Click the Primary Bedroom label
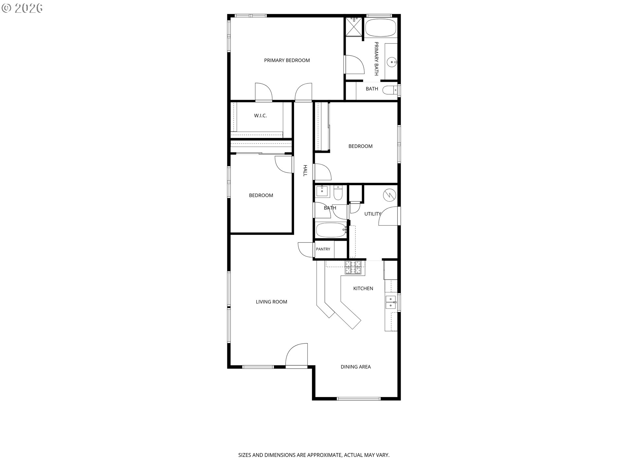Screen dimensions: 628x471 click(x=287, y=60)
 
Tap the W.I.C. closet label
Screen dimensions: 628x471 click(x=260, y=116)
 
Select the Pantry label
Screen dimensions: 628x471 click(x=323, y=249)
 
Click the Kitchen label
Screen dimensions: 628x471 click(x=363, y=288)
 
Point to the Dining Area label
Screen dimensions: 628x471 click(x=356, y=367)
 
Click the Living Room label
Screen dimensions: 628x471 click(x=271, y=302)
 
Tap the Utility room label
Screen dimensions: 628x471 click(x=373, y=214)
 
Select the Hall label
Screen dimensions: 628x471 click(x=305, y=171)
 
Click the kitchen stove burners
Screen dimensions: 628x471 click(x=354, y=267)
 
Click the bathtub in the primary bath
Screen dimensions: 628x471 click(x=381, y=28)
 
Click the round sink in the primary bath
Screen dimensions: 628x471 click(x=391, y=61)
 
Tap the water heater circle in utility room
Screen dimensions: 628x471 click(x=390, y=195)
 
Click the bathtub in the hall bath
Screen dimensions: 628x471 click(x=331, y=230)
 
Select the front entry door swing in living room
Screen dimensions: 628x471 click(x=297, y=355)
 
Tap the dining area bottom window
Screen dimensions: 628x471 click(x=359, y=398)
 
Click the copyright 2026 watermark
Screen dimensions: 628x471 click(x=22, y=8)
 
